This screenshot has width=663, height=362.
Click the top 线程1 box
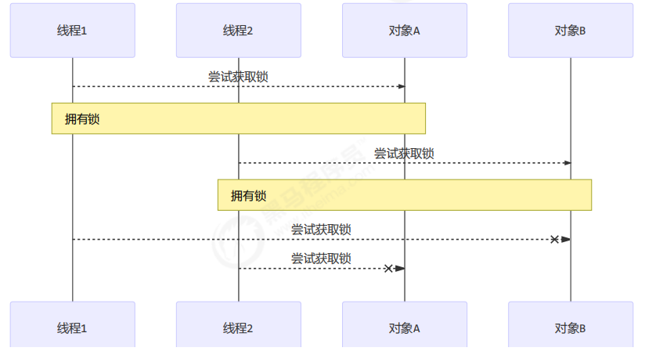point(72,31)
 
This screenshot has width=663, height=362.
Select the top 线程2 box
point(238,31)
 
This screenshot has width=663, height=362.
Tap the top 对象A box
point(404,31)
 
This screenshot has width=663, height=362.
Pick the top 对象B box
point(570,31)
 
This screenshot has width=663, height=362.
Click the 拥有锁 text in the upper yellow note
point(82,119)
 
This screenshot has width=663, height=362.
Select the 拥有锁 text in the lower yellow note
point(248,196)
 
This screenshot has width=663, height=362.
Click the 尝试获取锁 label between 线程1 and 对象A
point(238,76)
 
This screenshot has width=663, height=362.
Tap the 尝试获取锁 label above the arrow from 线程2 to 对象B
point(404,153)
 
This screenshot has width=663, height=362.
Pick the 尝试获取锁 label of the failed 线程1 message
point(321,229)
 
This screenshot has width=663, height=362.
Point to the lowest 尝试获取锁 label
point(321,259)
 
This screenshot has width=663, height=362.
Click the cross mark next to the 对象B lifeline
point(554,239)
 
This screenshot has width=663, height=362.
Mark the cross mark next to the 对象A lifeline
point(388,269)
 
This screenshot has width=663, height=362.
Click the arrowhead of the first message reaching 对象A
point(401,86)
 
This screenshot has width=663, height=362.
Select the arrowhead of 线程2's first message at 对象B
point(567,163)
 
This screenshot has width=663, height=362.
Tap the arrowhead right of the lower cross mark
point(400,269)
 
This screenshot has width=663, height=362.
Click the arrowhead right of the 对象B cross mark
point(566,239)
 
